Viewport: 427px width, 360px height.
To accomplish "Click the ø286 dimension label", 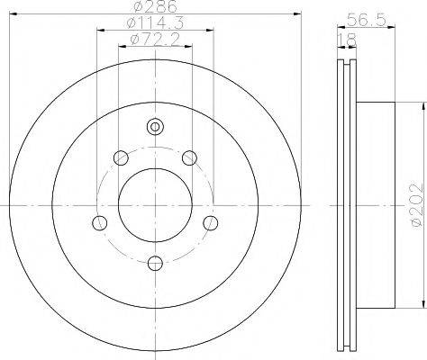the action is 156,6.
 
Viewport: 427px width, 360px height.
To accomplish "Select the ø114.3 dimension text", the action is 155,22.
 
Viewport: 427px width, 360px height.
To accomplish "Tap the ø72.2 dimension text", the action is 155,40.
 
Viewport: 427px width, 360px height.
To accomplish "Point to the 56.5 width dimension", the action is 366,21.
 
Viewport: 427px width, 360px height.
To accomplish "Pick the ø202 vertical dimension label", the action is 417,205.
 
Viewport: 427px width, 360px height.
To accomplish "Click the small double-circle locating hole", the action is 155,127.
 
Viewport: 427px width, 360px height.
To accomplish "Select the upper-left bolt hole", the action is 121,157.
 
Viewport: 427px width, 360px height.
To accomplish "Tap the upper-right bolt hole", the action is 190,157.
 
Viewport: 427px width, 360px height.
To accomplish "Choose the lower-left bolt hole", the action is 99,223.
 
